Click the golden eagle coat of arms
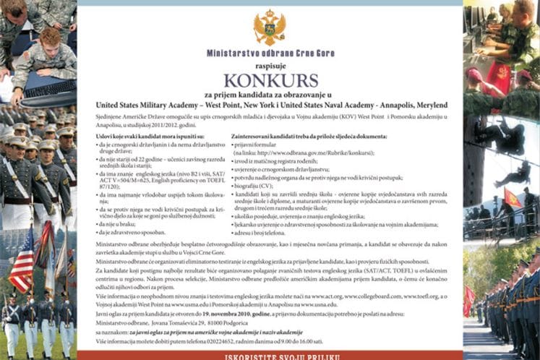click(x=269, y=27)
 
